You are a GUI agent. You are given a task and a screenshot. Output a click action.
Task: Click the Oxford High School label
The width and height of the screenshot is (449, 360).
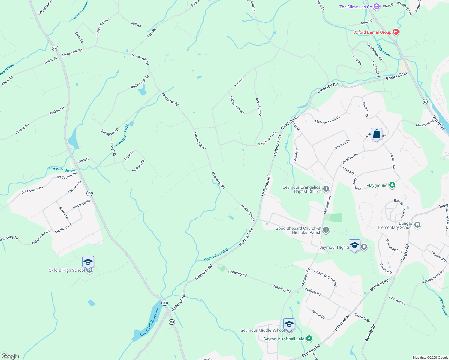[x=67, y=270]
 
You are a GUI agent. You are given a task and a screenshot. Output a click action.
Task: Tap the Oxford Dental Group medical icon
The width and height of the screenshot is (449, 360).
[x=396, y=32]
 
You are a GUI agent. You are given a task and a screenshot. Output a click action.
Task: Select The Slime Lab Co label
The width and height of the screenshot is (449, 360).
[x=356, y=7]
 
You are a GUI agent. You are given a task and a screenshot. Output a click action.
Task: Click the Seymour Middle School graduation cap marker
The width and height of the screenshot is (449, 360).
[x=289, y=325]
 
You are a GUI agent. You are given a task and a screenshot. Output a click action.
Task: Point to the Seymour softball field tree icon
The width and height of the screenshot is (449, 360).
[x=309, y=339]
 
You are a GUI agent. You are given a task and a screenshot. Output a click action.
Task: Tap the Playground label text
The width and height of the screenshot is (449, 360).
[x=377, y=186]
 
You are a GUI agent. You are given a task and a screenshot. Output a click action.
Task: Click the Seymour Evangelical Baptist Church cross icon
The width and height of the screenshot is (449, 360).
[x=326, y=189]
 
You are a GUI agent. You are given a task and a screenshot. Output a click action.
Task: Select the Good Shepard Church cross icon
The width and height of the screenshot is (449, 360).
[x=326, y=230]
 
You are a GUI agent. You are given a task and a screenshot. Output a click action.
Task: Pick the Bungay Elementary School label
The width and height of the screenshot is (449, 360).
[x=395, y=226]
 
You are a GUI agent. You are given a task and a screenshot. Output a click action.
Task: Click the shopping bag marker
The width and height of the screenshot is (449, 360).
[x=376, y=134]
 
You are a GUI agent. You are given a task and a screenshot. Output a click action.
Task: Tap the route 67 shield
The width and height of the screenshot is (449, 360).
[x=425, y=101]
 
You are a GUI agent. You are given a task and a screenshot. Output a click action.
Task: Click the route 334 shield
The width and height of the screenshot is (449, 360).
[x=171, y=322]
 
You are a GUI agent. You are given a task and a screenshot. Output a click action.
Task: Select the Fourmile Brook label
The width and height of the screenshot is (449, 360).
[x=216, y=255]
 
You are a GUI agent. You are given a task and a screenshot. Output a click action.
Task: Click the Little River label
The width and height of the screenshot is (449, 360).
[x=384, y=50]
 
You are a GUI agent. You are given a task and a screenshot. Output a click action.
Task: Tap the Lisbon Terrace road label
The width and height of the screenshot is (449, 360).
[x=237, y=105]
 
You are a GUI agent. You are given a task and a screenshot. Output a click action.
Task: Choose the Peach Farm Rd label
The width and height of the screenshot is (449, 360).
[x=267, y=139]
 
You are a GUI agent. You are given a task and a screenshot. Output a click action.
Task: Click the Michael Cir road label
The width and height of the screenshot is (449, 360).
[x=138, y=166]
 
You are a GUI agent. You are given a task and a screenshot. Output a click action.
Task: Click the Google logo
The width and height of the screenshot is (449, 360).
[x=10, y=356]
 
